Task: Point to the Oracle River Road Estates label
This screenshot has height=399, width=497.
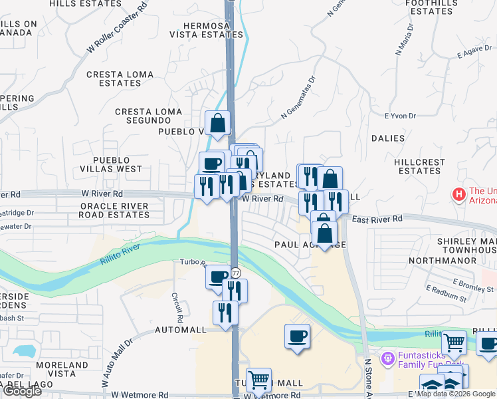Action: click(x=114, y=210)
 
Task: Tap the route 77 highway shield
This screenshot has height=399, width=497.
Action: click(x=235, y=273)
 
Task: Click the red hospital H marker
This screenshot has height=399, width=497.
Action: click(x=458, y=195)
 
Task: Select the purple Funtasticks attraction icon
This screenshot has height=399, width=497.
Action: click(x=388, y=358)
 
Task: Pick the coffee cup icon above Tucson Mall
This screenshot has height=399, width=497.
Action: click(x=297, y=336)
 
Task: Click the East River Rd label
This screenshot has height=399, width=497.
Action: click(x=377, y=219)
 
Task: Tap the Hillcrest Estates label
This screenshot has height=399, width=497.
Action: click(x=420, y=166)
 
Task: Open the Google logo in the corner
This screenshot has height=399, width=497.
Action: click(x=21, y=391)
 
